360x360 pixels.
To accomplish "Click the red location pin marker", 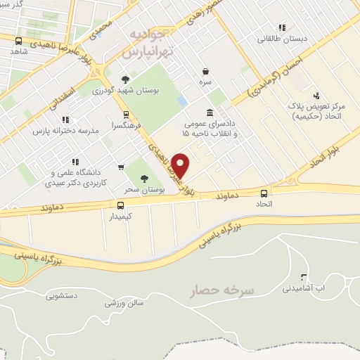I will coord(181,165).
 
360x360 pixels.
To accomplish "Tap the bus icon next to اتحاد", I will coord(264,193).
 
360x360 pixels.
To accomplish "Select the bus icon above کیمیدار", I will coord(120,205).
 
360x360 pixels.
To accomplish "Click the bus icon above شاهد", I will coord(18,41).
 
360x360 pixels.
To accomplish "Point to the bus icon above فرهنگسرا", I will coord(126,115).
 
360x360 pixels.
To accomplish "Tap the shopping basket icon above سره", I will coord(205,71).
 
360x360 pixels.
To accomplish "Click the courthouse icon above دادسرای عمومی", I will coord(210,112).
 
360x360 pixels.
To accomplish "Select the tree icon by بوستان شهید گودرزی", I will coord(126,79).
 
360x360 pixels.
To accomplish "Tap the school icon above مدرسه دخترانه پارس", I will coord(65,120).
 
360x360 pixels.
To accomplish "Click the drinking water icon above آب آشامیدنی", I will coord(304,277).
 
